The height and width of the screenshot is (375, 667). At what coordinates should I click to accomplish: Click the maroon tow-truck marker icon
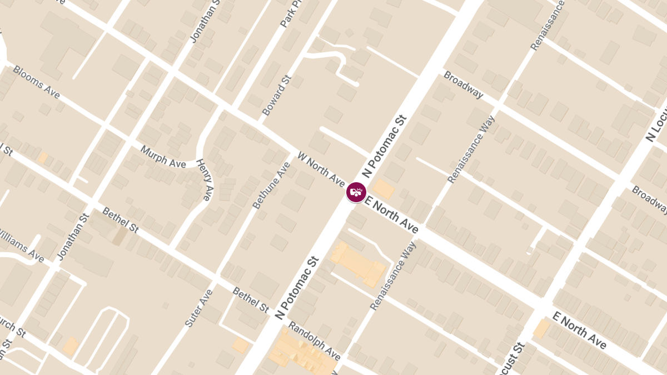pyautogui.click(x=356, y=192)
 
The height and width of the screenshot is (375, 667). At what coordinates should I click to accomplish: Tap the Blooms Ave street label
pyautogui.click(x=36, y=82)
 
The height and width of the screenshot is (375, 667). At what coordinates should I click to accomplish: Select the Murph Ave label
pyautogui.click(x=163, y=157)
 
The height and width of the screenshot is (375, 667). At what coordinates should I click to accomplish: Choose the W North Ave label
pyautogui.click(x=322, y=168)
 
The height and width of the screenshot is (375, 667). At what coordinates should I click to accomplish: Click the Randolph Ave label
pyautogui.click(x=314, y=341)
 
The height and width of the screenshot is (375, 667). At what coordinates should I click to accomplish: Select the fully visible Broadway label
pyautogui.click(x=463, y=85)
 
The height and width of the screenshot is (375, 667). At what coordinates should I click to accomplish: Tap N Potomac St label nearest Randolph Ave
pyautogui.click(x=297, y=287)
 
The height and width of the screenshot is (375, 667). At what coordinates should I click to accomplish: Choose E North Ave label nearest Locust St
pyautogui.click(x=579, y=331)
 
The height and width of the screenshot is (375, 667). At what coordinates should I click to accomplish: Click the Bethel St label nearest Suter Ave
pyautogui.click(x=251, y=299)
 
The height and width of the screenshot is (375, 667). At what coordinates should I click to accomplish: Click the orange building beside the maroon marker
pyautogui.click(x=383, y=189)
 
